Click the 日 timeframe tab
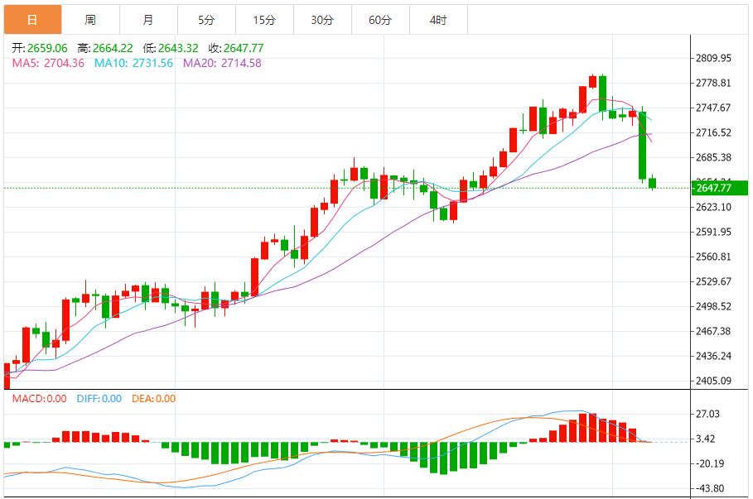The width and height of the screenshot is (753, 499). pyautogui.click(x=32, y=20)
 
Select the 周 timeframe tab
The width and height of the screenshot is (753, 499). pyautogui.click(x=90, y=20)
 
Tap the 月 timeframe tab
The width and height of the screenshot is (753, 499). pyautogui.click(x=147, y=20)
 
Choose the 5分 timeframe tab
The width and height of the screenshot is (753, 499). pyautogui.click(x=206, y=20)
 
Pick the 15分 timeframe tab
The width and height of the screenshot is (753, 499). pyautogui.click(x=264, y=20)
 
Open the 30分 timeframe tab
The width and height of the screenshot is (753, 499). pyautogui.click(x=322, y=20)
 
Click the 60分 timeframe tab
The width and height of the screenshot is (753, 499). pyautogui.click(x=380, y=20)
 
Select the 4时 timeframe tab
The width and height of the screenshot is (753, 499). pyautogui.click(x=438, y=20)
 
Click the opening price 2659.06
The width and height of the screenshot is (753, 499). pyautogui.click(x=47, y=48)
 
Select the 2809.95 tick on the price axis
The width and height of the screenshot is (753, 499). pyautogui.click(x=713, y=59)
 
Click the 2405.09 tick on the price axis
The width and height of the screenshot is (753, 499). pyautogui.click(x=713, y=381)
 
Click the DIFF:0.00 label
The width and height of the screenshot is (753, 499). pyautogui.click(x=99, y=399)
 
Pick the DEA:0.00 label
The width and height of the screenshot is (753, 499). pyautogui.click(x=153, y=399)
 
